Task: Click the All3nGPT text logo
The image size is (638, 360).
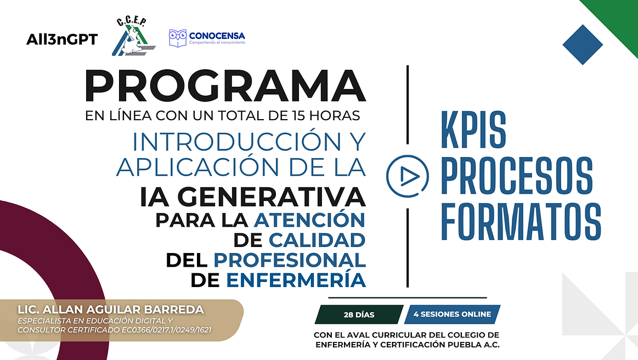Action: pos(62,40)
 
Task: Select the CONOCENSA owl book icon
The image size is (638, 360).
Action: pos(177,37)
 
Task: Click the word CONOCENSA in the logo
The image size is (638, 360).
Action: pos(217,35)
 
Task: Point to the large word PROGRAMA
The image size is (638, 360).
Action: pos(225,88)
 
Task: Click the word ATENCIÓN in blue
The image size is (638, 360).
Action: pos(309,221)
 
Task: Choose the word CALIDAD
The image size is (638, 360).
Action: pos(317,240)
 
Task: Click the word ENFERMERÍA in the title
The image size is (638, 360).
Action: pos(296,280)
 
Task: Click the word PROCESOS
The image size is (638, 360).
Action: pos(517,176)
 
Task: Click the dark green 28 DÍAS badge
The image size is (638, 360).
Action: pos(359,314)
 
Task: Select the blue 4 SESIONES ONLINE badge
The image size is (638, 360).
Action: pos(451,314)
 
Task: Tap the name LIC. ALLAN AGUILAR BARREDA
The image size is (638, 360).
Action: pos(110,310)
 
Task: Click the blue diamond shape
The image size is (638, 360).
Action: pos(582,45)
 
